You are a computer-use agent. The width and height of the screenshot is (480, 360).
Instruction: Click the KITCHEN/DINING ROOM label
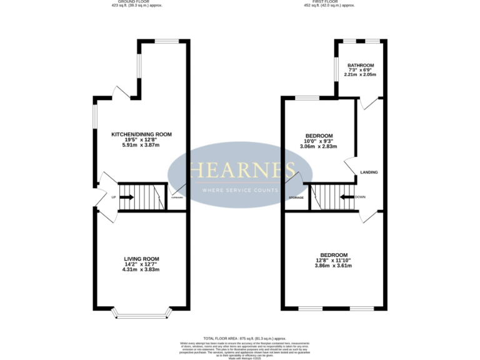click(x=141, y=134)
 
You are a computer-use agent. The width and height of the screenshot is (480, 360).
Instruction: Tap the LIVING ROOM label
click(x=142, y=259)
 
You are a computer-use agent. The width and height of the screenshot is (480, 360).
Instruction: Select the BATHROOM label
click(x=361, y=65)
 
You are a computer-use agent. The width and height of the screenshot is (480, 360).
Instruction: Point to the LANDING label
click(x=369, y=172)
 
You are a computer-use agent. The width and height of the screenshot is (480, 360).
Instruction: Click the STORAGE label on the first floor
click(x=296, y=197)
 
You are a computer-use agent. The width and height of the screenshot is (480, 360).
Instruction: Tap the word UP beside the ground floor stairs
click(x=113, y=197)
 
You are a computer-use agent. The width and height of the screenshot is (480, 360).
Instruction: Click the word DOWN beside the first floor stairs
click(x=360, y=197)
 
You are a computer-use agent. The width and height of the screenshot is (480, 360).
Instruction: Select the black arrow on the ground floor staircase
click(x=126, y=197)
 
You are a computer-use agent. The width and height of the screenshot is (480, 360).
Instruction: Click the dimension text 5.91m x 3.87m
click(x=141, y=145)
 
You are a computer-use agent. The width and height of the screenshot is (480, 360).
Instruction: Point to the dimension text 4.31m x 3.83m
click(x=142, y=269)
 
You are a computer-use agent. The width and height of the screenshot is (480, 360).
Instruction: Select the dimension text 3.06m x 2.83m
click(x=319, y=147)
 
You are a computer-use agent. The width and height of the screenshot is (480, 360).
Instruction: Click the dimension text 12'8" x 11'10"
click(x=334, y=260)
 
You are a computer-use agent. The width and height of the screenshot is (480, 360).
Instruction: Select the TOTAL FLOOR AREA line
click(x=240, y=337)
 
